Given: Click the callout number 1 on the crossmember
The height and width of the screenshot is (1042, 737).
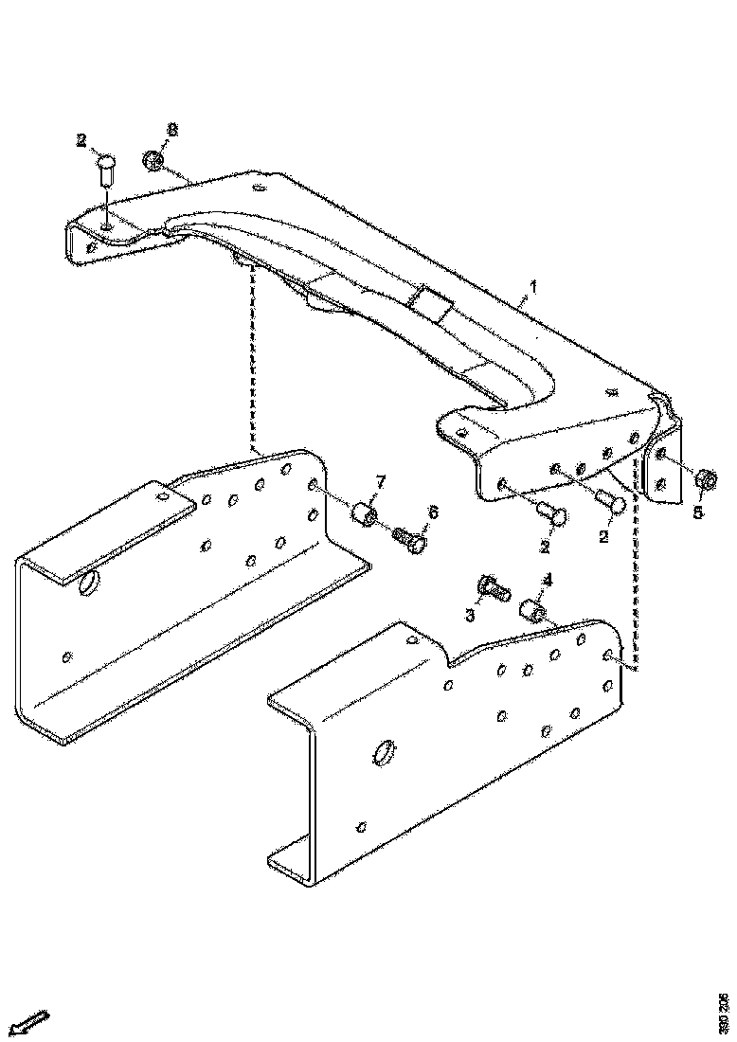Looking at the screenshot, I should coord(533,285).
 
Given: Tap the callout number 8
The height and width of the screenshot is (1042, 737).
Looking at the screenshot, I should coord(171,129).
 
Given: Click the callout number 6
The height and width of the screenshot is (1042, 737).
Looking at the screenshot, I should coord(432,512).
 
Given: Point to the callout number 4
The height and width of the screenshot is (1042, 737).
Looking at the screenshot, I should coord(547,580).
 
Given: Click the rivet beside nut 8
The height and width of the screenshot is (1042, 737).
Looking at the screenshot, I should coord(106,171).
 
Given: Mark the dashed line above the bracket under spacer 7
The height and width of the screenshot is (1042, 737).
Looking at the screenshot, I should coord(252,360).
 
